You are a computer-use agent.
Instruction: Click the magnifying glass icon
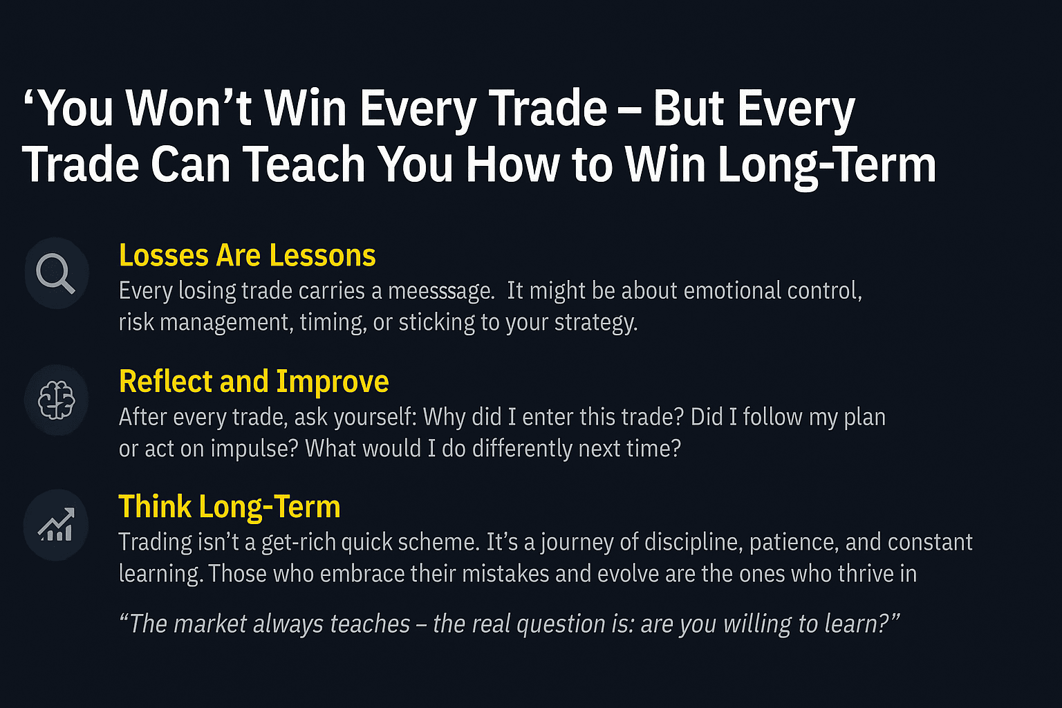55,273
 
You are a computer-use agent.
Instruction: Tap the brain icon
57,400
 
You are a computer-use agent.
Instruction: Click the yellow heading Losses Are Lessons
247,255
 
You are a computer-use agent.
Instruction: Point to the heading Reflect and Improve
254,382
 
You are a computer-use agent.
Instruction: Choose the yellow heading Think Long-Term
230,507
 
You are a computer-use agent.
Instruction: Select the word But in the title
689,108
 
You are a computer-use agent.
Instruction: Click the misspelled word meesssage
441,290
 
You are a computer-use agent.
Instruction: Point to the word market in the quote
210,624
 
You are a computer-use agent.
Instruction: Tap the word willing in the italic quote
758,624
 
